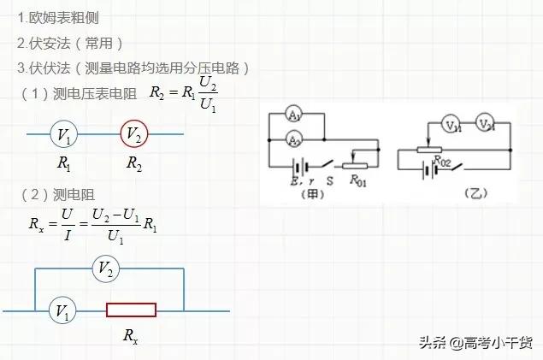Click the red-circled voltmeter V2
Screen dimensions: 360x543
click(133, 134)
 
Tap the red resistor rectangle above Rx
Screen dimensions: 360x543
click(131, 311)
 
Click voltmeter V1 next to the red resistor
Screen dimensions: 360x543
click(62, 311)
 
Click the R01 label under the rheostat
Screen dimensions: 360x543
click(361, 181)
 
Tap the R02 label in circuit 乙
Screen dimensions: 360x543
click(442, 160)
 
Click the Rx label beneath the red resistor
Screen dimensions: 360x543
click(131, 337)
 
